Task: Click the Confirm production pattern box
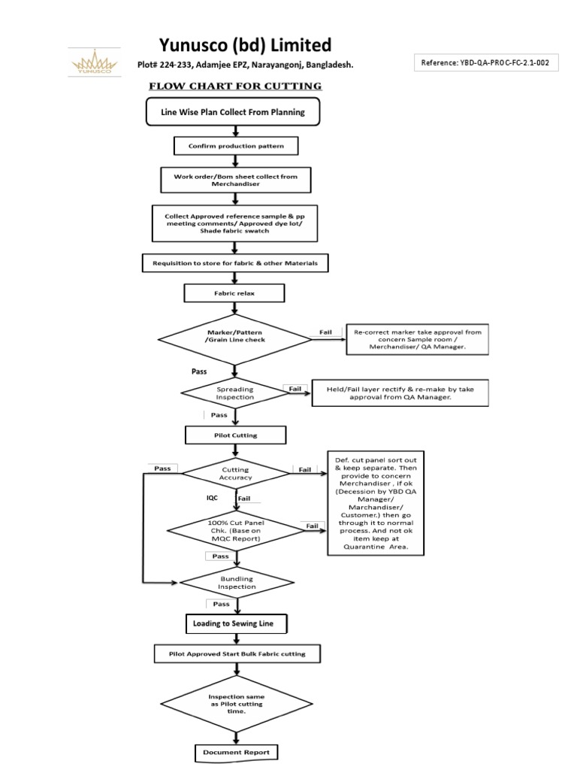235,144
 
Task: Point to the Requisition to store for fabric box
235,263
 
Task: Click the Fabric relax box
235,293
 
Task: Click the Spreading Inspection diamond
235,393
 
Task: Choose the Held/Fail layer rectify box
400,392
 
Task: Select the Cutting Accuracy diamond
236,472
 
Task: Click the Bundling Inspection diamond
236,582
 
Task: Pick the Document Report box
235,752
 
